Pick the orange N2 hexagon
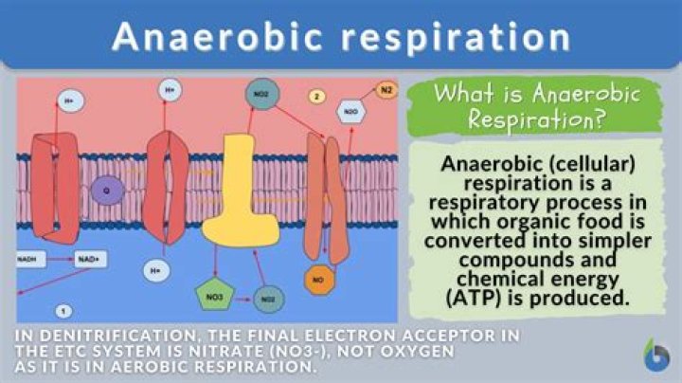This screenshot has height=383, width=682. (386, 91)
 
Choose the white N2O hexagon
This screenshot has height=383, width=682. (350, 110)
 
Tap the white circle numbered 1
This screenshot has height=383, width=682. (63, 310)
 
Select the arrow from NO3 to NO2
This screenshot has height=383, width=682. (242, 299)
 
